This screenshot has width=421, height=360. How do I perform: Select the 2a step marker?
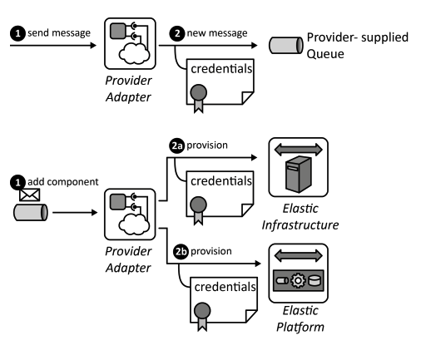coord(176,145)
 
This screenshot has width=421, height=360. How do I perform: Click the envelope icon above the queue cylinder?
coord(31,196)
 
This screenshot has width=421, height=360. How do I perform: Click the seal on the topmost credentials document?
coord(199,92)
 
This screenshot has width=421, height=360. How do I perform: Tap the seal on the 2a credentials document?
coord(199,204)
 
